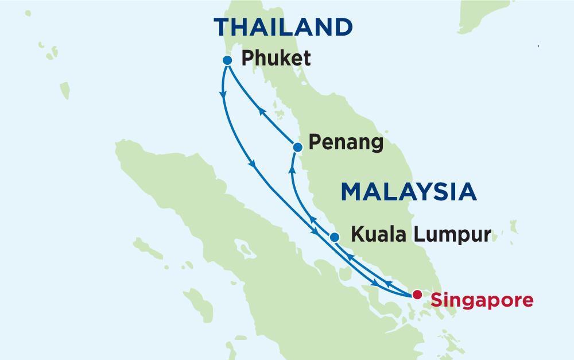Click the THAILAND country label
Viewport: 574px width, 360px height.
(283, 27)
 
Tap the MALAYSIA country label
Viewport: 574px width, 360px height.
(409, 192)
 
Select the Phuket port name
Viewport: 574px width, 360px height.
(276, 59)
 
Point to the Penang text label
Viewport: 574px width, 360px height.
(346, 142)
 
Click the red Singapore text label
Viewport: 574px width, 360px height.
(482, 299)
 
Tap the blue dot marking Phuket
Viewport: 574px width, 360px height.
(227, 60)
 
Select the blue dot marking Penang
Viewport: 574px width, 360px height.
(297, 148)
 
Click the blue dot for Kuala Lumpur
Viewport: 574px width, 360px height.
(335, 237)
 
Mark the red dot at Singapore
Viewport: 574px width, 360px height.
(417, 295)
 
